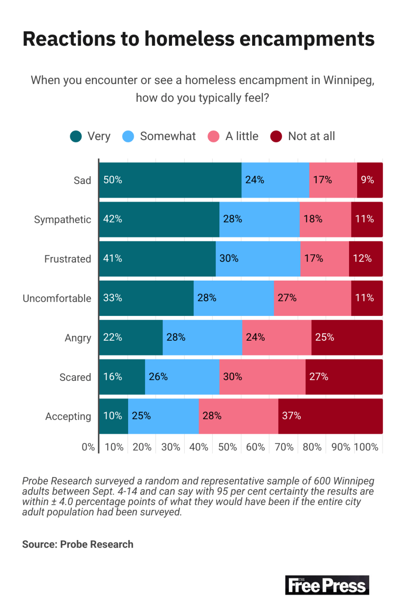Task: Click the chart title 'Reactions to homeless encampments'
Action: tap(198, 39)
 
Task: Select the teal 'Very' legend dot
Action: tap(76, 136)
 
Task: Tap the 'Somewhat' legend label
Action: tap(167, 136)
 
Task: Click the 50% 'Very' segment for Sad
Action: tap(170, 180)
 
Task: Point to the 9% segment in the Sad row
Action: tap(370, 180)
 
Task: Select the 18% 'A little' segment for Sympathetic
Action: tap(325, 220)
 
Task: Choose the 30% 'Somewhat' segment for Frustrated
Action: tap(258, 259)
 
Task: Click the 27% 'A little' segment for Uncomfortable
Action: tap(312, 298)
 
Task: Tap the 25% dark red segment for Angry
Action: tap(347, 338)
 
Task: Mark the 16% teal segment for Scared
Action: tap(122, 377)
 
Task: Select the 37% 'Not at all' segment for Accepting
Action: tap(330, 417)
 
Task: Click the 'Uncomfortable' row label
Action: tap(57, 298)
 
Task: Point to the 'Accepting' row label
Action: tap(68, 417)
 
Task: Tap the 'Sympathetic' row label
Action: tap(62, 220)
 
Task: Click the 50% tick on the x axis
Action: tap(227, 447)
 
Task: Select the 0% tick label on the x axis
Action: tap(88, 447)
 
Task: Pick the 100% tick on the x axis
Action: tap(366, 447)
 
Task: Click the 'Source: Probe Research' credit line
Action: tap(78, 544)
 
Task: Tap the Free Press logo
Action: tap(327, 585)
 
